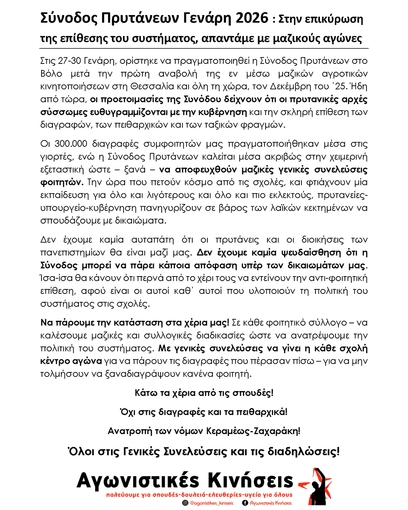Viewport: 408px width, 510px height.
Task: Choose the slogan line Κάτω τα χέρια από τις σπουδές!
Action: (204, 393)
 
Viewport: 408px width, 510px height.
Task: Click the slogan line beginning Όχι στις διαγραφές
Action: (204, 412)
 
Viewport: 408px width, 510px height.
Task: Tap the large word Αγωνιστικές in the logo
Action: (138, 481)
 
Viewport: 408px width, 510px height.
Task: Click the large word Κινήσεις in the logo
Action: (250, 481)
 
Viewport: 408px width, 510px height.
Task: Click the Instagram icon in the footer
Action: (185, 503)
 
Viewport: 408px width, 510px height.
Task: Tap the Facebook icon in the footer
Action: (245, 503)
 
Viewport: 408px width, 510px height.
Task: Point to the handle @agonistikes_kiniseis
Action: (212, 503)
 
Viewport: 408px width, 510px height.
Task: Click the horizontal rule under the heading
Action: (204, 48)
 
